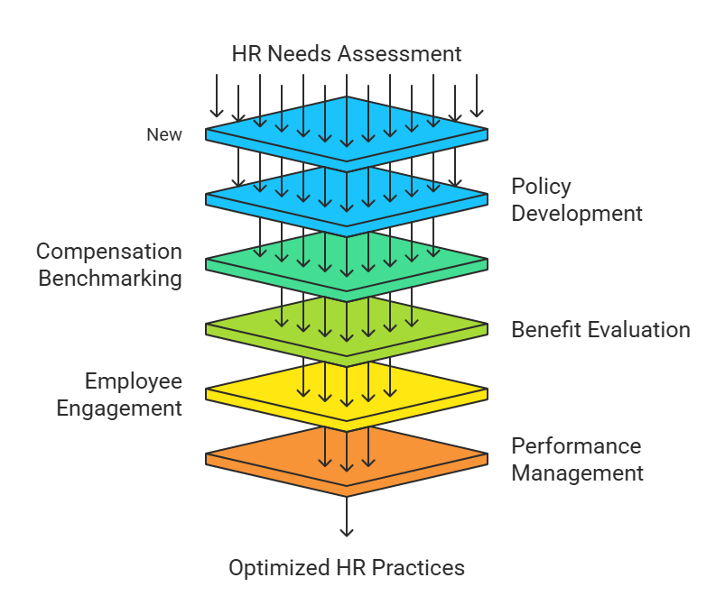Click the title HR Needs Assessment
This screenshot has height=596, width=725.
click(347, 53)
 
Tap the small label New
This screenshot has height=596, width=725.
click(164, 135)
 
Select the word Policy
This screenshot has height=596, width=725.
click(541, 187)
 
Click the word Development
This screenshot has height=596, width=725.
click(577, 214)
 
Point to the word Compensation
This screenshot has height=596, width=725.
click(109, 252)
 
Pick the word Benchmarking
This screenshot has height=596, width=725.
click(110, 279)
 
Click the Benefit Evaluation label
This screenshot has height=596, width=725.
click(600, 330)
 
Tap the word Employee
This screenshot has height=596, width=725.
click(134, 381)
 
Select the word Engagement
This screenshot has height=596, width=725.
click(119, 408)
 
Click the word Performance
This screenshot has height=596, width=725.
click(576, 446)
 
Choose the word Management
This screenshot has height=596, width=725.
click(578, 473)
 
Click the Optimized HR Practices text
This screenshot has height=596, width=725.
click(347, 568)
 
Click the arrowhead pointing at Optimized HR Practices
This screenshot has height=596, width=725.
click(347, 532)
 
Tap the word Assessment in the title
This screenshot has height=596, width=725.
click(400, 53)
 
